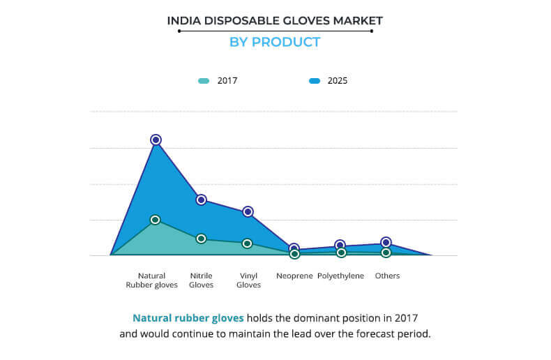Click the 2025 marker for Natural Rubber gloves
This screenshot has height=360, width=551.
pyautogui.click(x=156, y=140)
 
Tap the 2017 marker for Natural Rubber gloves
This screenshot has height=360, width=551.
pyautogui.click(x=155, y=220)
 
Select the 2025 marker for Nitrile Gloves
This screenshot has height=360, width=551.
pyautogui.click(x=201, y=200)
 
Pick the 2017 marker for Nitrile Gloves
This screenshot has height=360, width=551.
pyautogui.click(x=201, y=239)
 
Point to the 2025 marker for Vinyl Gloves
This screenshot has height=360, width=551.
pyautogui.click(x=248, y=211)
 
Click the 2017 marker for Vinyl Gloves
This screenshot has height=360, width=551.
pyautogui.click(x=247, y=243)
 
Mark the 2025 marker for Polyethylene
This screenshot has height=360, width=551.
pyautogui.click(x=340, y=245)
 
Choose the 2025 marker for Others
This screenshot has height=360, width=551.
pyautogui.click(x=386, y=242)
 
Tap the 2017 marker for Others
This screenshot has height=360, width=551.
pyautogui.click(x=386, y=253)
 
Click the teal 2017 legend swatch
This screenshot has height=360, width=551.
pyautogui.click(x=203, y=81)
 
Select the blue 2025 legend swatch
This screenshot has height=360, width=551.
pyautogui.click(x=314, y=81)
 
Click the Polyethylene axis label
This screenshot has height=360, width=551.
pyautogui.click(x=340, y=276)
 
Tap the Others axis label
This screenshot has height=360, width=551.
pyautogui.click(x=387, y=276)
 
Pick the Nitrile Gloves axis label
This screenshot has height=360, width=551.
pyautogui.click(x=202, y=280)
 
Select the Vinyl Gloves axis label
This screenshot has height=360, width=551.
pyautogui.click(x=248, y=280)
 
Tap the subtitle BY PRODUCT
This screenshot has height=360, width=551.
pyautogui.click(x=275, y=42)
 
